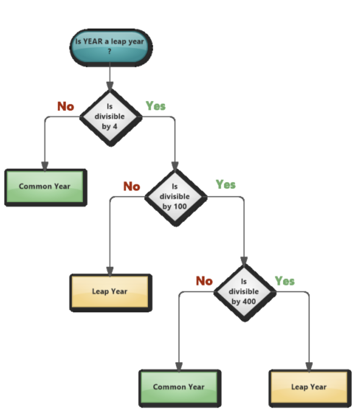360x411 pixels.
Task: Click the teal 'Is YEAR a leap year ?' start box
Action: click(x=111, y=47)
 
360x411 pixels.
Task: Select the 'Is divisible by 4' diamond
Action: click(x=110, y=118)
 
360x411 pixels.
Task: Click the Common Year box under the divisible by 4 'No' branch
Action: click(x=46, y=188)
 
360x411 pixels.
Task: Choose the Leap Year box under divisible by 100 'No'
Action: click(x=110, y=293)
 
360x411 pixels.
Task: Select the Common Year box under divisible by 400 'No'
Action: click(x=180, y=388)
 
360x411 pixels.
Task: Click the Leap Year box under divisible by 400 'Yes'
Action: click(x=310, y=388)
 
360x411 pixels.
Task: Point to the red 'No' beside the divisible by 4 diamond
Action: click(x=66, y=106)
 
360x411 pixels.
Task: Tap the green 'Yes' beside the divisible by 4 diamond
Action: click(x=156, y=106)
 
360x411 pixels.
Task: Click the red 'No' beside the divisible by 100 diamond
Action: click(x=132, y=186)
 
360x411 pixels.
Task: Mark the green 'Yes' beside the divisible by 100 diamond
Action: click(x=226, y=184)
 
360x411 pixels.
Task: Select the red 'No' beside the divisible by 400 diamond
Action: click(x=204, y=281)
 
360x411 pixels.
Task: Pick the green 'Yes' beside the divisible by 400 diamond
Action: click(x=285, y=281)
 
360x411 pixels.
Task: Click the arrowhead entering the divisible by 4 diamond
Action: click(x=110, y=86)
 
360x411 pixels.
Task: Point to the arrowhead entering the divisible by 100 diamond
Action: click(x=175, y=166)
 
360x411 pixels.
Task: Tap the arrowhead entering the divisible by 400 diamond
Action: click(x=244, y=261)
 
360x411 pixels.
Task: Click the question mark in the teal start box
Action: click(x=110, y=51)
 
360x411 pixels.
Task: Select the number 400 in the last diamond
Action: click(x=249, y=301)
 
